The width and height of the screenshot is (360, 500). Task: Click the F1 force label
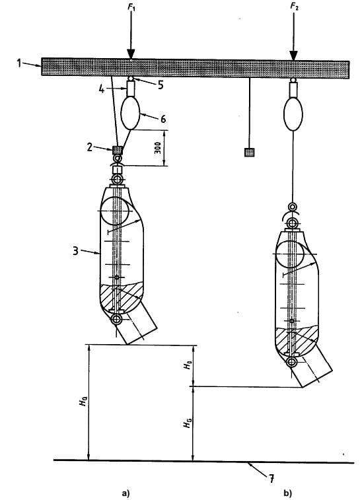pyautogui.click(x=131, y=7)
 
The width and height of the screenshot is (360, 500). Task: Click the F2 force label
pyautogui.click(x=294, y=7)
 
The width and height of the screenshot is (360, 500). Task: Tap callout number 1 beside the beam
pyautogui.click(x=19, y=63)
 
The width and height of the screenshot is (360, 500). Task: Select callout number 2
pyautogui.click(x=90, y=147)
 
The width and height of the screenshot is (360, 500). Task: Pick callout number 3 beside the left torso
pyautogui.click(x=75, y=250)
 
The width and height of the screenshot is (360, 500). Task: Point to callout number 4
pyautogui.click(x=102, y=89)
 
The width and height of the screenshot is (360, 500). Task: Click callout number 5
pyautogui.click(x=161, y=85)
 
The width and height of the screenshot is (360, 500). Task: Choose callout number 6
pyautogui.click(x=163, y=119)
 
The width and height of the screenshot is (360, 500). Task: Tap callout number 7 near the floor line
pyautogui.click(x=271, y=479)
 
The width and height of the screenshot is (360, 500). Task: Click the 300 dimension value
pyautogui.click(x=157, y=148)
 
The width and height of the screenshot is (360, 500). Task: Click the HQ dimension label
pyautogui.click(x=83, y=402)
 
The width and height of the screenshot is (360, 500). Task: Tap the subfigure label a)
pyautogui.click(x=126, y=493)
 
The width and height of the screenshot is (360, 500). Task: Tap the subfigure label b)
pyautogui.click(x=287, y=493)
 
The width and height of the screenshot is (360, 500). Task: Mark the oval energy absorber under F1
pyautogui.click(x=130, y=112)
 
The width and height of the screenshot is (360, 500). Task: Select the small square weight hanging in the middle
pyautogui.click(x=249, y=153)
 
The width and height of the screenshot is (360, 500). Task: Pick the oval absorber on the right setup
pyautogui.click(x=293, y=114)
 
